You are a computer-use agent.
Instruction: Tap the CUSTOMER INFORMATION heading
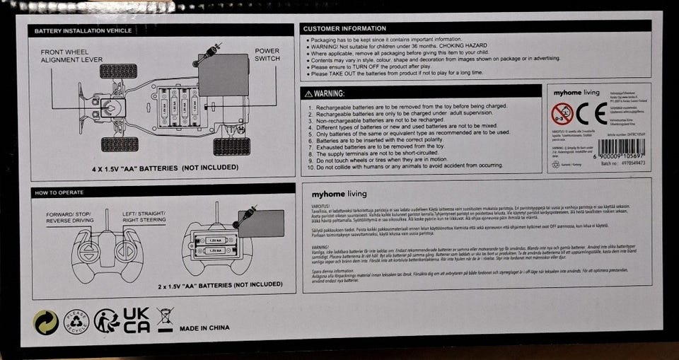click(x=344, y=28)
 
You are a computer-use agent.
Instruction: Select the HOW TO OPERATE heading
click(x=59, y=192)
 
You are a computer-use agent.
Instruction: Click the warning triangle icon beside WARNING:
click(x=307, y=93)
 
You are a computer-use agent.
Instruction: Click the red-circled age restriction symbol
click(x=562, y=112)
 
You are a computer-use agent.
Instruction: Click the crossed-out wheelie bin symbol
click(x=166, y=322)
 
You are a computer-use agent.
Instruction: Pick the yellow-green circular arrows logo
click(x=47, y=322)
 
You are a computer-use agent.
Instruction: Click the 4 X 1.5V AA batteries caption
click(x=163, y=170)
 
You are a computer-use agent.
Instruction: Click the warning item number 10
click(x=312, y=167)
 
